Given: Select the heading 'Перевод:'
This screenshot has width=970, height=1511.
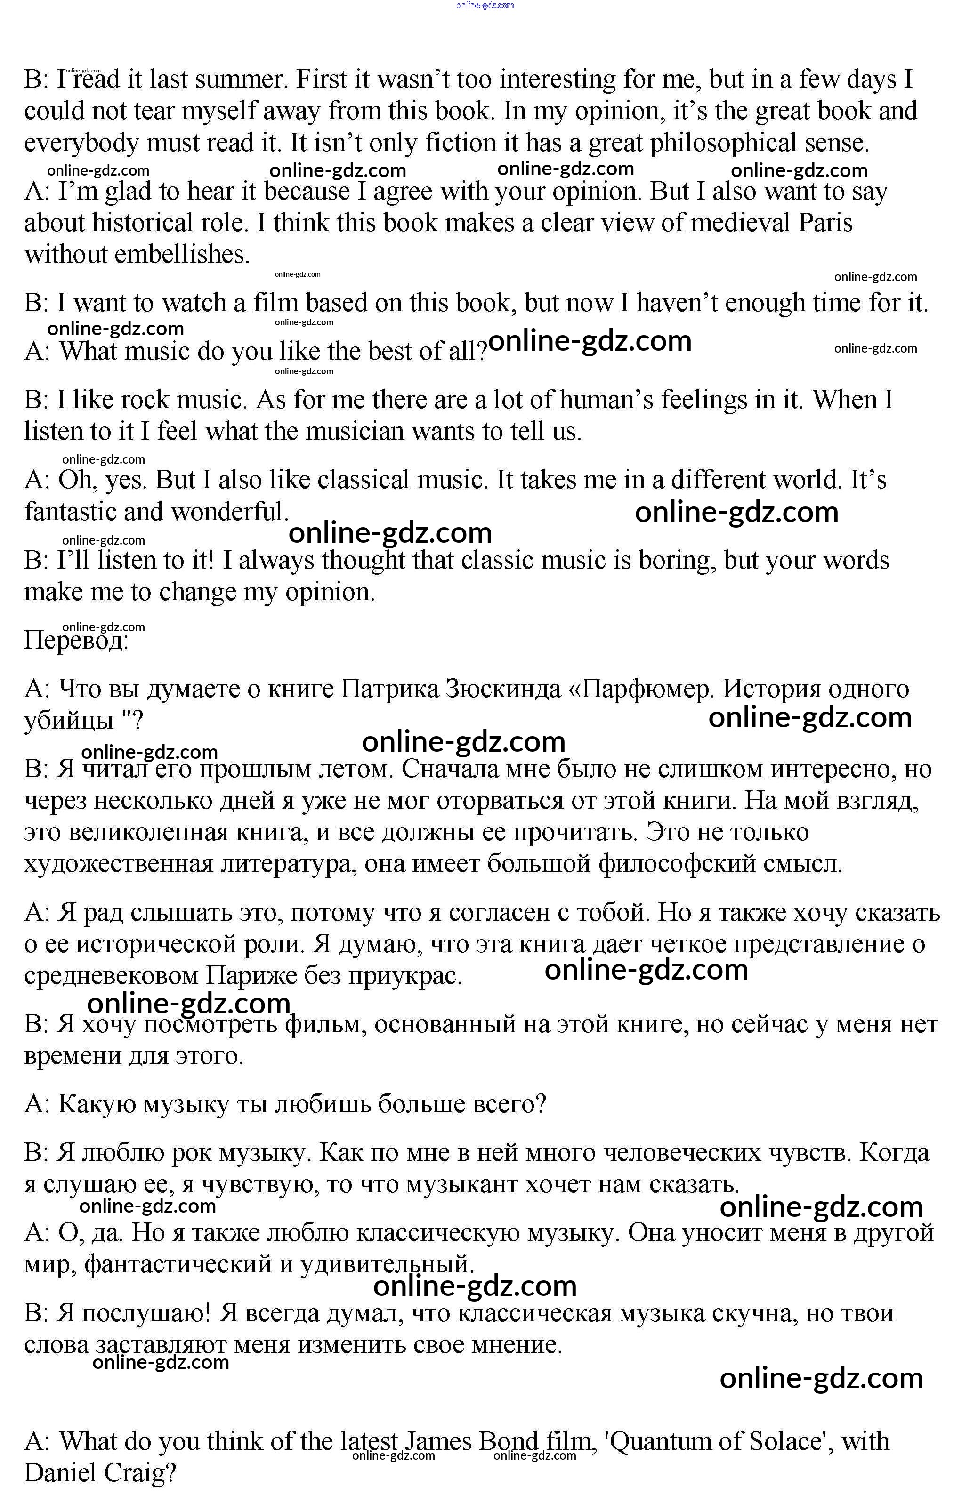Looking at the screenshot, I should pos(76,641).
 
